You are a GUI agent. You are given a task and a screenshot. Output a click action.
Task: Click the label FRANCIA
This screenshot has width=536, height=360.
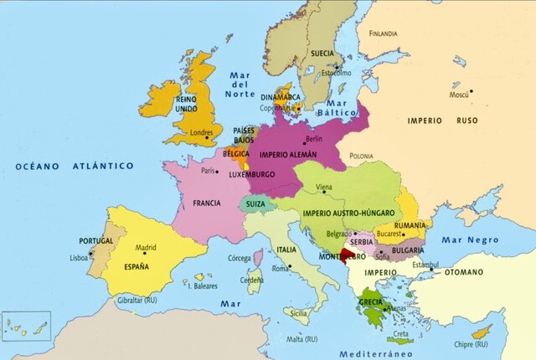[x=206, y=203]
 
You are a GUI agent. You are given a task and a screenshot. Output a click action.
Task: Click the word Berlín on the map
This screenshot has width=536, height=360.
[x=314, y=138]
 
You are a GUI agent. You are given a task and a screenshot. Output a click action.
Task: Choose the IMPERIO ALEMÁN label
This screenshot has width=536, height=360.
[x=288, y=155]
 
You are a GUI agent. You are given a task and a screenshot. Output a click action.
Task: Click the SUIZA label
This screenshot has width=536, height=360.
[x=256, y=203]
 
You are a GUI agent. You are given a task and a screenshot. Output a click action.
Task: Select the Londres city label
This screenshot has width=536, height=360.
[x=202, y=132]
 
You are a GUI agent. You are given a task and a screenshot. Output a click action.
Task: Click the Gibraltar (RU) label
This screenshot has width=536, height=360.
[x=138, y=300]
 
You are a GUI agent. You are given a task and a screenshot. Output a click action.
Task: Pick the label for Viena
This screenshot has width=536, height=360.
[x=323, y=188]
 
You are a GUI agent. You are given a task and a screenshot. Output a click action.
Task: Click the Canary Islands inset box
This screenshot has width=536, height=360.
[x=26, y=325]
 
